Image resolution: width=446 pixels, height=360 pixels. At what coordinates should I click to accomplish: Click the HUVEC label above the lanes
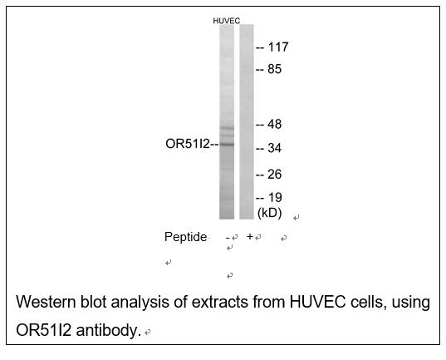pos(227,21)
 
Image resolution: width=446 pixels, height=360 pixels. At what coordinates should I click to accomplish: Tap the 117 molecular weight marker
pos(278,47)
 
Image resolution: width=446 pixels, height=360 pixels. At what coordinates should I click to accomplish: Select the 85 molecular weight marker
pos(274,69)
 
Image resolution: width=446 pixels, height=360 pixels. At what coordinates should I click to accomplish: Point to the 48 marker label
pos(274,124)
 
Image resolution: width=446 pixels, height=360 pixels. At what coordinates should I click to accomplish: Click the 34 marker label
pos(274,148)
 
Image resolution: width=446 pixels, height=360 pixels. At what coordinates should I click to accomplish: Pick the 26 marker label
pos(274,175)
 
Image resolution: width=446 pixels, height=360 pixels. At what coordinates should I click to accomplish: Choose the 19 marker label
pos(275,197)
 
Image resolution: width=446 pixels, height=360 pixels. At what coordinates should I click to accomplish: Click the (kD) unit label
pos(269,213)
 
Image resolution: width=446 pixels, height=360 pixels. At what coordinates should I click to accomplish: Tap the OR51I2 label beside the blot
pos(188,144)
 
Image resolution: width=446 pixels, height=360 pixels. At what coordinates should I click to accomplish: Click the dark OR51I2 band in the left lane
pos(227,145)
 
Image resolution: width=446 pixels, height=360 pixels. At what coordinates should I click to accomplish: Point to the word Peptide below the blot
pos(185,237)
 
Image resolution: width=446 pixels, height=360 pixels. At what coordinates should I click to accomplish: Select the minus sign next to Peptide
pos(228,237)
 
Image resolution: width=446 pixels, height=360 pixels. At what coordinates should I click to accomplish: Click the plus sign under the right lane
pos(250,236)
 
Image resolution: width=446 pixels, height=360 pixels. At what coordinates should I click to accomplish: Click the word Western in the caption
pos(46,302)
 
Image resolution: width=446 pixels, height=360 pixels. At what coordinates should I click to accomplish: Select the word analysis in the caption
pos(140,303)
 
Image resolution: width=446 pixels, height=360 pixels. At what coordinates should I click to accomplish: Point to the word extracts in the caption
pos(219,302)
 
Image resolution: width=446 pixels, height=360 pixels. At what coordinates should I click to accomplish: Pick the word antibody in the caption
pos(108,330)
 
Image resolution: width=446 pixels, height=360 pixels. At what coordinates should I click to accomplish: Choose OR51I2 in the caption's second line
pos(43,330)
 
